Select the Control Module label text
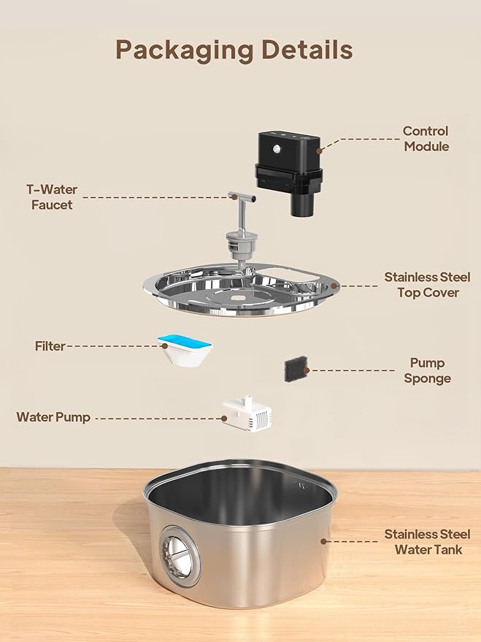[426, 139]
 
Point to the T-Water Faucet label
[52, 197]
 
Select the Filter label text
[50, 346]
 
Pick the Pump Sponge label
[428, 370]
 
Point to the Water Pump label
[53, 417]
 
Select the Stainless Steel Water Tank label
[423, 542]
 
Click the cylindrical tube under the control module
[302, 201]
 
